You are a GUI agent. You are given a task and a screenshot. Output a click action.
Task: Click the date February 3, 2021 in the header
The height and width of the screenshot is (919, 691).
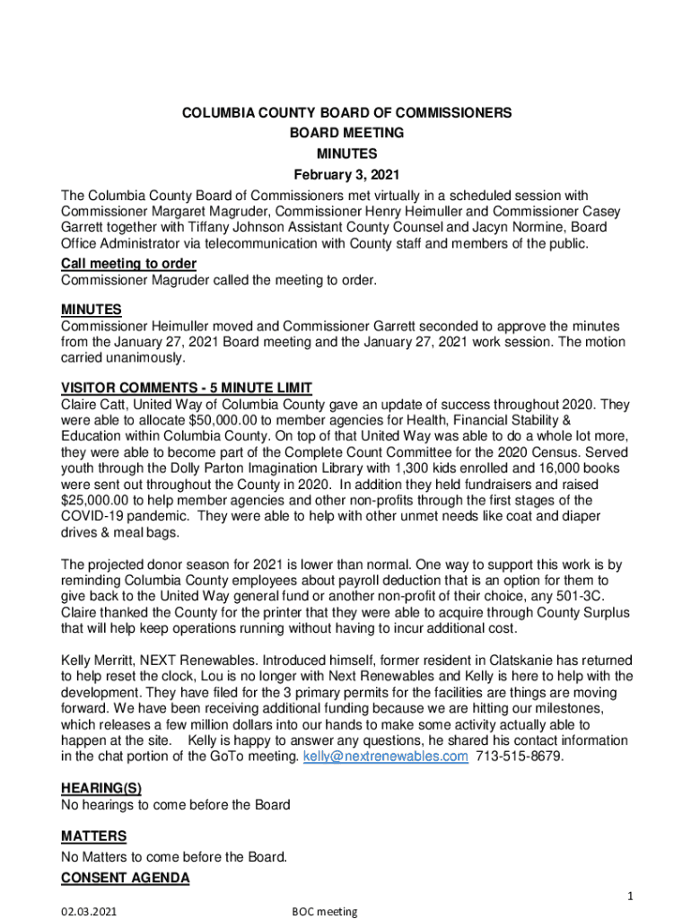(346, 174)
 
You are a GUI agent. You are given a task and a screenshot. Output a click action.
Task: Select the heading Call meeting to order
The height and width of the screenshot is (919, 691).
(128, 263)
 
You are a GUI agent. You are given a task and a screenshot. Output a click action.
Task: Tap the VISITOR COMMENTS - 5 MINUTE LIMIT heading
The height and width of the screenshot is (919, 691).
(186, 388)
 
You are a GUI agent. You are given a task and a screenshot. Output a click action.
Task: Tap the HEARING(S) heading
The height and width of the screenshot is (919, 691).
(101, 788)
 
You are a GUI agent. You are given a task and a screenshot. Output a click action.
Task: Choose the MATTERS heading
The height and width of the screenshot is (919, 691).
(93, 836)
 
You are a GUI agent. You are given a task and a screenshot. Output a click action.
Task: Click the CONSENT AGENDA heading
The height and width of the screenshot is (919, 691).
(125, 879)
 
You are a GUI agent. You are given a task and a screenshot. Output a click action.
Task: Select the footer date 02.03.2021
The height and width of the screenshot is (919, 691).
(93, 912)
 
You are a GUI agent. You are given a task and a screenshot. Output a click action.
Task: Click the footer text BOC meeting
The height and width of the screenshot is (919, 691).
(325, 912)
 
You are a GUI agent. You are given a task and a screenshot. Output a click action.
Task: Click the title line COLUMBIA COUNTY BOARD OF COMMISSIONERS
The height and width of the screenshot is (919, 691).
(346, 113)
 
